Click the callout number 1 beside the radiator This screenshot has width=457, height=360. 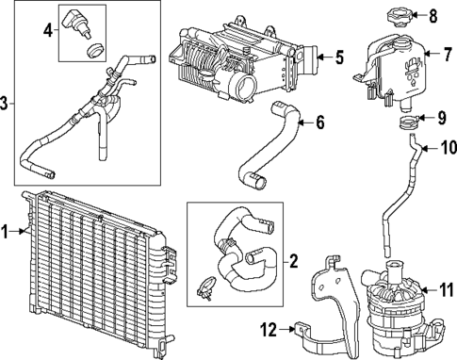[x=6, y=229]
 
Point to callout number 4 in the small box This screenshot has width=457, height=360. [x=47, y=30]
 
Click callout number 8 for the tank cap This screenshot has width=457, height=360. [x=433, y=15]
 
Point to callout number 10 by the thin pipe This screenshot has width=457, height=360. [x=447, y=147]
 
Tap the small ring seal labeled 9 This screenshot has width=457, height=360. [x=408, y=122]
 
